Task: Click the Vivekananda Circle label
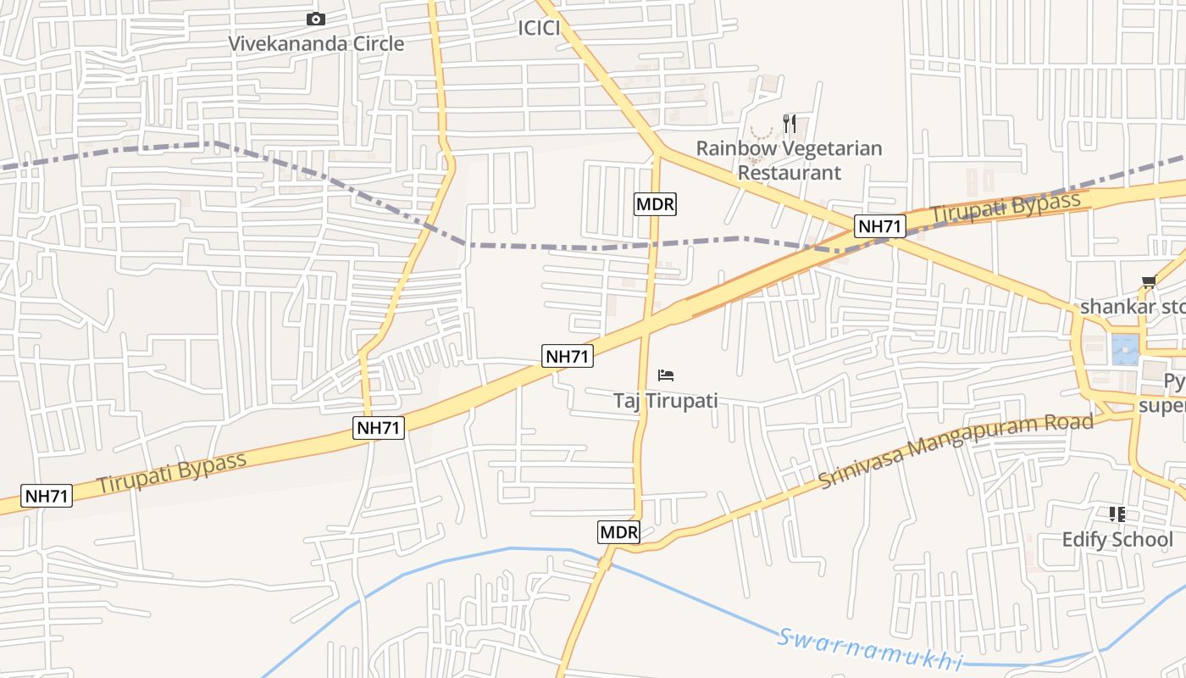pyautogui.click(x=317, y=43)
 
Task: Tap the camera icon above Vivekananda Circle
pyautogui.click(x=316, y=19)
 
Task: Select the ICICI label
pyautogui.click(x=539, y=28)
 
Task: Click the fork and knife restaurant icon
pyautogui.click(x=790, y=124)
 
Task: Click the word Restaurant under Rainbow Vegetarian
pyautogui.click(x=789, y=173)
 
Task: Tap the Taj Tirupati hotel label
pyautogui.click(x=665, y=401)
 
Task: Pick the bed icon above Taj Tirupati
pyautogui.click(x=666, y=375)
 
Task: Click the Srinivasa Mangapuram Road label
pyautogui.click(x=956, y=451)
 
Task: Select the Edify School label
pyautogui.click(x=1117, y=540)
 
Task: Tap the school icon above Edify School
pyautogui.click(x=1117, y=514)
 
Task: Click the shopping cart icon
pyautogui.click(x=1149, y=282)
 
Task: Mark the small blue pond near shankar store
pyautogui.click(x=1125, y=347)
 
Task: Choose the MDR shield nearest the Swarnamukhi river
pyautogui.click(x=618, y=532)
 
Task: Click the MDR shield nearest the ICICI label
pyautogui.click(x=656, y=204)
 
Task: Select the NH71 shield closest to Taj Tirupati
pyautogui.click(x=568, y=356)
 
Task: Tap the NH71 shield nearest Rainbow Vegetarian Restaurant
pyautogui.click(x=880, y=226)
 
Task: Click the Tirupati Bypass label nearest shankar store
pyautogui.click(x=1006, y=208)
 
